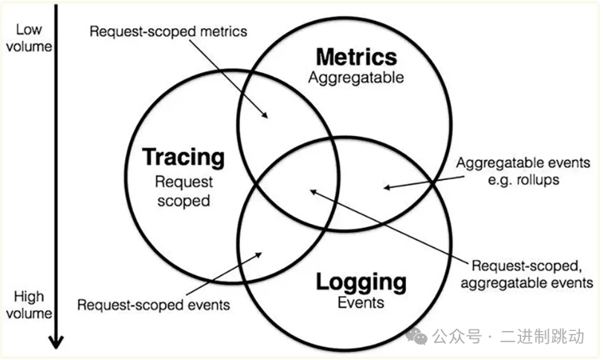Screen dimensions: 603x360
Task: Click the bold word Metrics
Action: (356, 57)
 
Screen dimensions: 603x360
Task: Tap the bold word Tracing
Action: (183, 157)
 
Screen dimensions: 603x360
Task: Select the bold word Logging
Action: (361, 282)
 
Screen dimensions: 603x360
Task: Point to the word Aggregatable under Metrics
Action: (356, 77)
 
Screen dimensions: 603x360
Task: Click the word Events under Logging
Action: (361, 302)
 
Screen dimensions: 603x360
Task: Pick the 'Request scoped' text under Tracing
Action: (183, 190)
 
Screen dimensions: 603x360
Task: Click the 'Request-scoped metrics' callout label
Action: (168, 32)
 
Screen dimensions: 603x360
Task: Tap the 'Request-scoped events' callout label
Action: (154, 304)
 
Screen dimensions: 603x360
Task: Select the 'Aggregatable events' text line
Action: (524, 162)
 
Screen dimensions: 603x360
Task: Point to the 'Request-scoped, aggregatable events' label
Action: (533, 274)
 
